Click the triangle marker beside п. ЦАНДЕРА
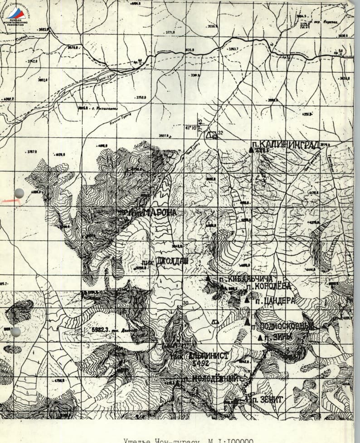click(x=247, y=300)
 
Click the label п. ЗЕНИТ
click(x=267, y=400)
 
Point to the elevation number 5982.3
click(x=102, y=330)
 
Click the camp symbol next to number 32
click(x=210, y=135)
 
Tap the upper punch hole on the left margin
click(x=19, y=193)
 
